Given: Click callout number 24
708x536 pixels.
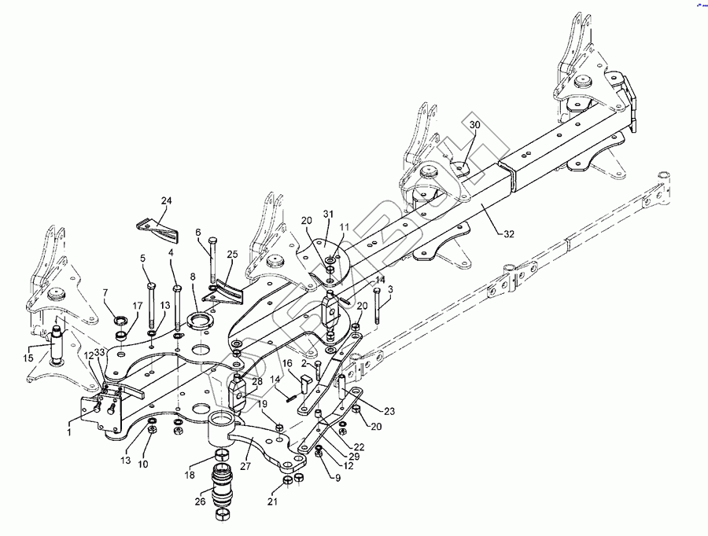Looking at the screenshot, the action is [x=166, y=201].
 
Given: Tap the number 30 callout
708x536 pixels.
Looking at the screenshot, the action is [x=474, y=124].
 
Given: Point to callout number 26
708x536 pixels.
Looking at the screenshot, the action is [x=200, y=501].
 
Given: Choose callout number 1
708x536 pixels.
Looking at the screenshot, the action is [x=68, y=431].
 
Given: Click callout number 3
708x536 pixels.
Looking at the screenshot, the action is [x=390, y=290].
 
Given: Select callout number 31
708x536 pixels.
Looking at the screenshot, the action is [x=329, y=214].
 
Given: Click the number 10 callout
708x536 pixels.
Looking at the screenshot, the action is [x=143, y=465].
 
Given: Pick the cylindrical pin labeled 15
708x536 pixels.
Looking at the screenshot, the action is [x=58, y=343].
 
